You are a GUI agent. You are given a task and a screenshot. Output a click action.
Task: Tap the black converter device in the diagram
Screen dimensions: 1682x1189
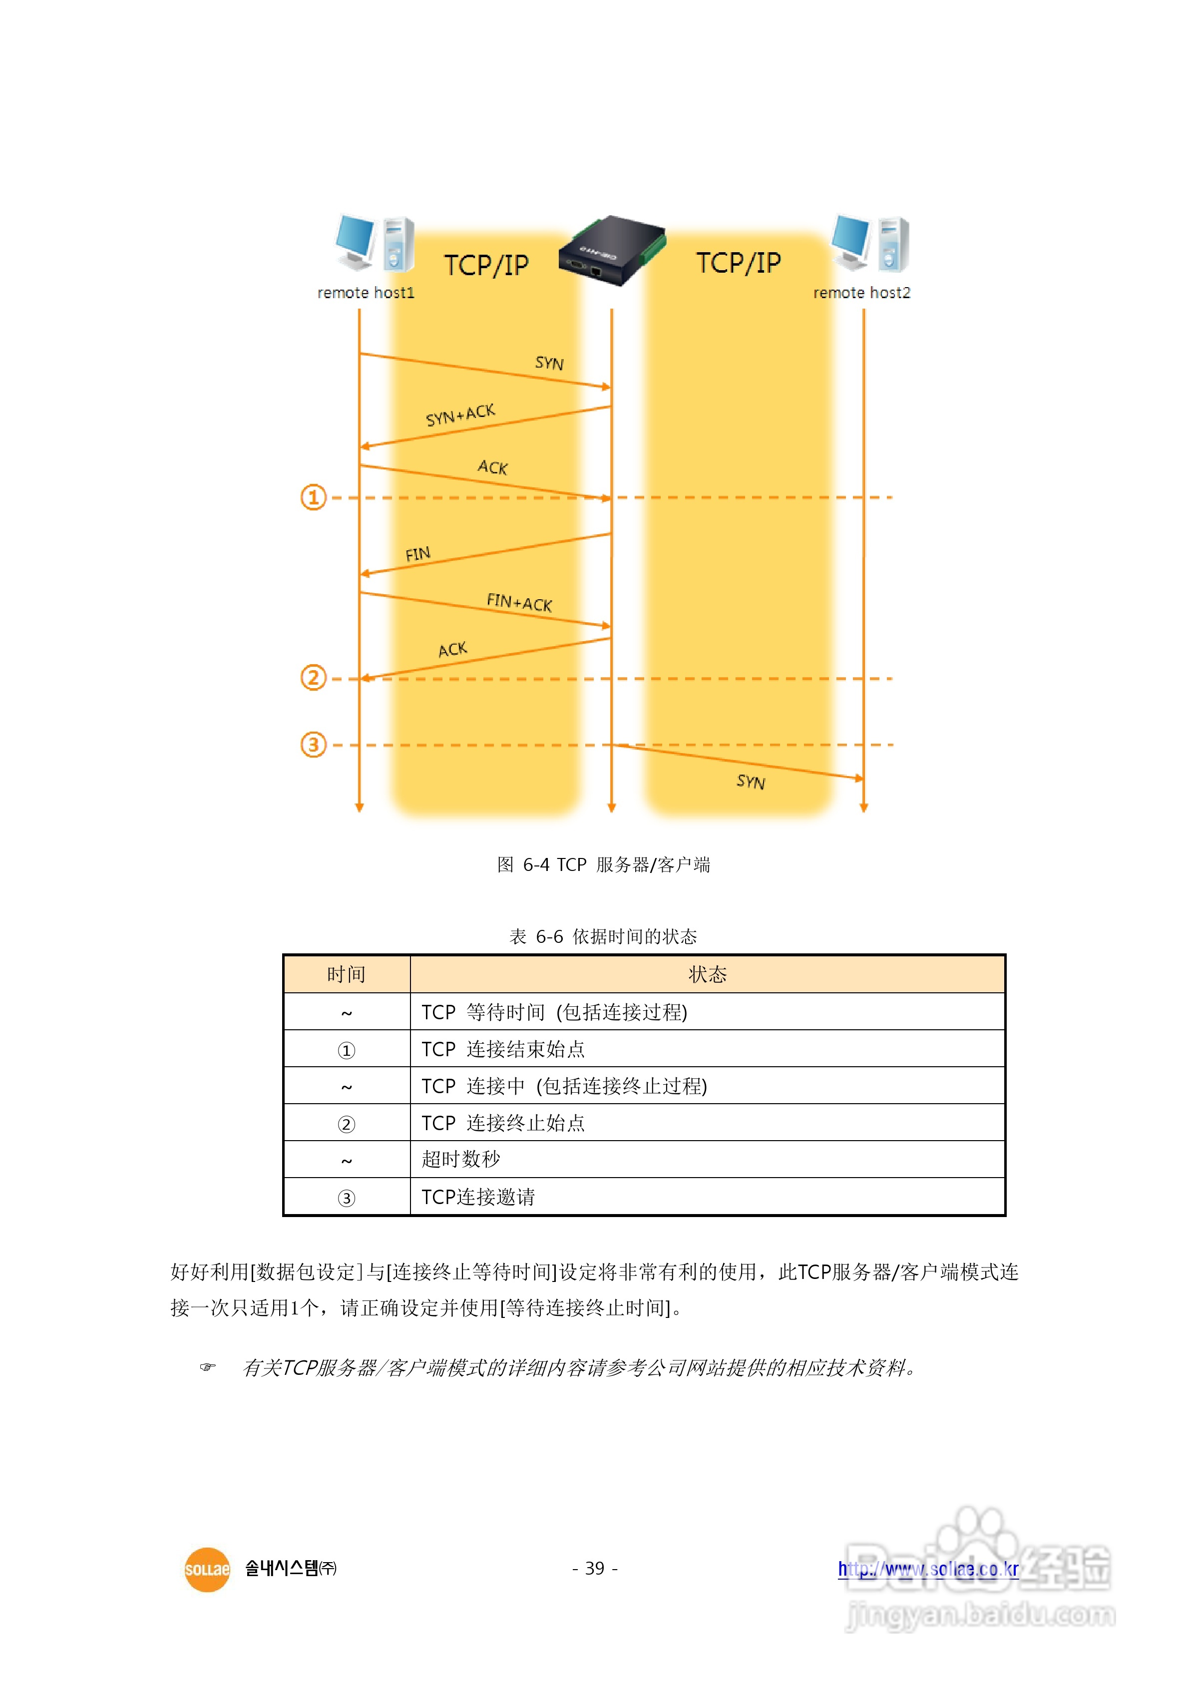click(x=612, y=251)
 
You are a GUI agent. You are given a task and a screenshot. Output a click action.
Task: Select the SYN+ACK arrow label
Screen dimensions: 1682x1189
click(x=460, y=415)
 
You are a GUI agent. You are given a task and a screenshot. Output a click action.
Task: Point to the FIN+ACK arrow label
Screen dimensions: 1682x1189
click(x=519, y=602)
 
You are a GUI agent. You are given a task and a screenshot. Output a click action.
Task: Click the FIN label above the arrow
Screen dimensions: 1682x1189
click(x=417, y=554)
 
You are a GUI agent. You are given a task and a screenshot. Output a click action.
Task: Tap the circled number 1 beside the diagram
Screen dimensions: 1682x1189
click(x=314, y=497)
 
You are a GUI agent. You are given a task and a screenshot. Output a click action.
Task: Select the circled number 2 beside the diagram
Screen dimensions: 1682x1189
click(x=314, y=678)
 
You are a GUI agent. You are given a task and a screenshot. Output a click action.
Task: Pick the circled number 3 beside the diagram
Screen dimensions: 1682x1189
click(x=314, y=745)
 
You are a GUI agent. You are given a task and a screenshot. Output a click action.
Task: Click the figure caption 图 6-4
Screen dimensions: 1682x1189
click(x=603, y=864)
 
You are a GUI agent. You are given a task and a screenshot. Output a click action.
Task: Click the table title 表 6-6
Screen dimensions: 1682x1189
click(x=603, y=936)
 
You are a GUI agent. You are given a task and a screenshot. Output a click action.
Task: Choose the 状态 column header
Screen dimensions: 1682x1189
click(x=707, y=974)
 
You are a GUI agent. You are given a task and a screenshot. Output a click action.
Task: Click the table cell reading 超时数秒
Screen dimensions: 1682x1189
click(x=461, y=1159)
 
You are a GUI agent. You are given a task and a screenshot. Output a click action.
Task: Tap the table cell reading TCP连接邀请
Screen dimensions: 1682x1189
click(x=478, y=1197)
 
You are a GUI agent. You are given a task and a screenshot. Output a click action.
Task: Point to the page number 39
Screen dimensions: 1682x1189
click(x=595, y=1569)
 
